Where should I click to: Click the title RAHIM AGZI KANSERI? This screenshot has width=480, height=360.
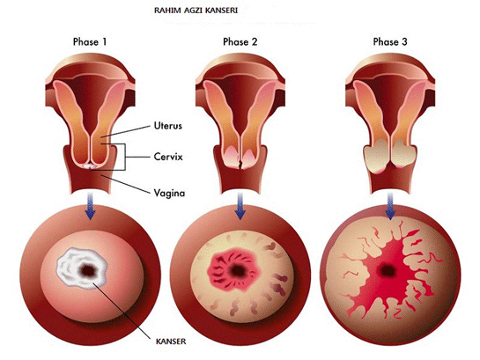(196, 11)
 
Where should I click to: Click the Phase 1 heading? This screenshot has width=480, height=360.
(90, 41)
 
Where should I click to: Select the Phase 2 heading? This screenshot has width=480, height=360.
(240, 41)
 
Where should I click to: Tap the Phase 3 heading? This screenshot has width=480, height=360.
(390, 41)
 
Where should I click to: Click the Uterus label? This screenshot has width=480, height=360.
(167, 126)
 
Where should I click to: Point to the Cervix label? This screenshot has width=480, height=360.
(168, 157)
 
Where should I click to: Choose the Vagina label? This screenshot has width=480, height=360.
(169, 194)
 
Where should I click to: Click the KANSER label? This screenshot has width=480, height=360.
(171, 342)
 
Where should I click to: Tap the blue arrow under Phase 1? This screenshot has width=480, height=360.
(90, 206)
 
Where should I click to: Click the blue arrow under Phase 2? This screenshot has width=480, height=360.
(240, 206)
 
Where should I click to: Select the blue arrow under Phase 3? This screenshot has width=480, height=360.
(390, 206)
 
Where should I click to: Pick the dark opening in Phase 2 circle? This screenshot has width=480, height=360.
(237, 270)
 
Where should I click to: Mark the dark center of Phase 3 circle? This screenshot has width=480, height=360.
(388, 270)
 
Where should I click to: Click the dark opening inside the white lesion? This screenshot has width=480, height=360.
(87, 270)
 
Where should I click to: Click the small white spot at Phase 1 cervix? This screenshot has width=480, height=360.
(89, 166)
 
